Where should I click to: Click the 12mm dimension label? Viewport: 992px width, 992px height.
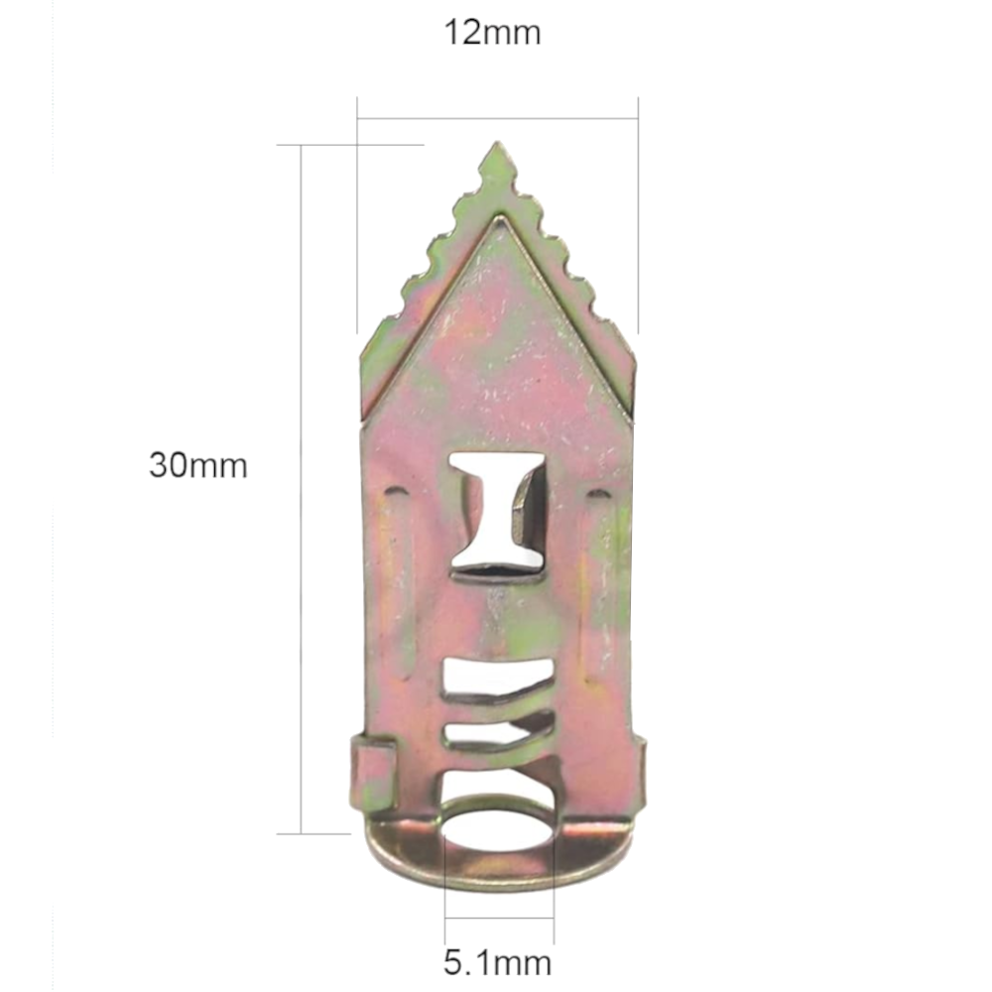point(493,33)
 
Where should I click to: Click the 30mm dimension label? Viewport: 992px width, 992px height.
point(198,465)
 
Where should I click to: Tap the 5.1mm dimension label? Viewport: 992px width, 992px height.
point(497,963)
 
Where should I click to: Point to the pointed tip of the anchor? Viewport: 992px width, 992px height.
point(497,144)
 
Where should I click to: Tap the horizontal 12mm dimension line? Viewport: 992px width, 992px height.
point(497,118)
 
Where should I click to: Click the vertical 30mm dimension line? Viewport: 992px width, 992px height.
point(302,489)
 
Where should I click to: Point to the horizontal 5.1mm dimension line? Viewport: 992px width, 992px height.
point(499,918)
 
